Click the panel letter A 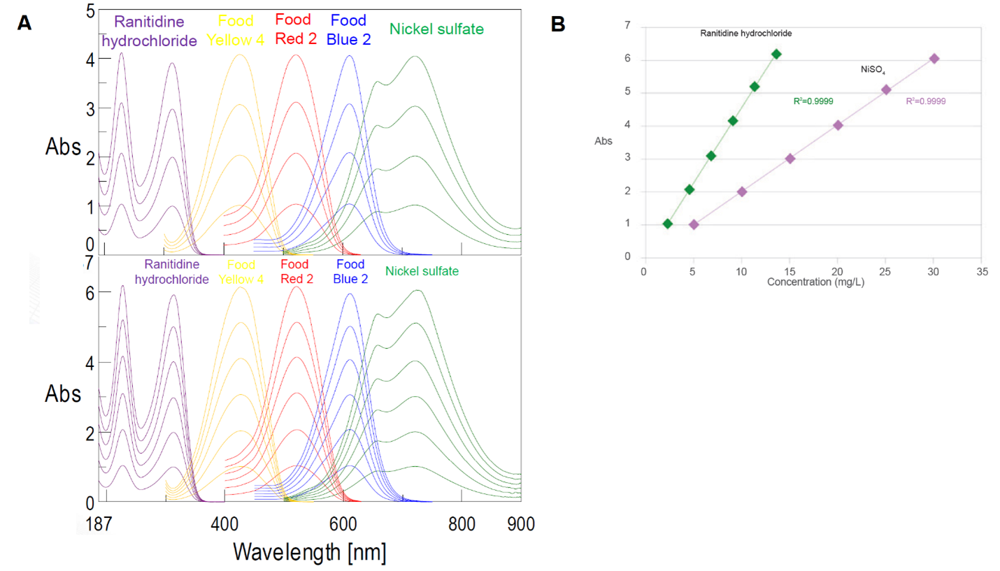pos(24,23)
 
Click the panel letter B pos(558,23)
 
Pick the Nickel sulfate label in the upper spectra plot pos(436,29)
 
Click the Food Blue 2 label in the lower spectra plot pos(352,272)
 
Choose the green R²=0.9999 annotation pos(812,101)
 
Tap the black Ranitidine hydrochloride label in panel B pos(745,33)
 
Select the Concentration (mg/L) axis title pos(815,282)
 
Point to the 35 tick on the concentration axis pos(982,271)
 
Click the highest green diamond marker pos(776,54)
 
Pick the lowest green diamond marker pos(667,224)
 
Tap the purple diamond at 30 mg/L pos(934,59)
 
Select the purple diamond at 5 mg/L pos(694,224)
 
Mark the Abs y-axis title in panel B pos(603,140)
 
